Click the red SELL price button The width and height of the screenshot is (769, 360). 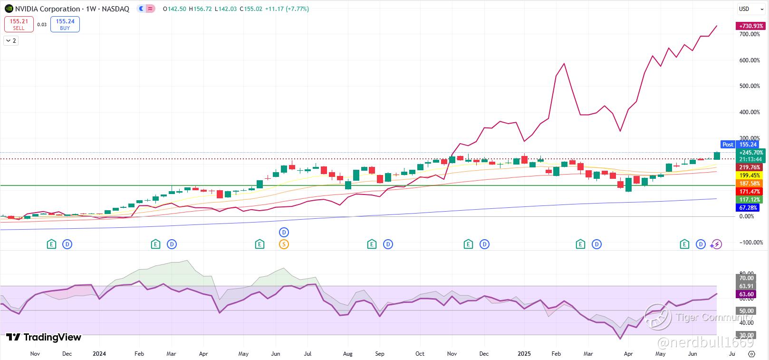19,24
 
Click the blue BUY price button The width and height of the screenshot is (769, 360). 65,24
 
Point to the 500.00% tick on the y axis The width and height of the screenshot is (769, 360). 750,86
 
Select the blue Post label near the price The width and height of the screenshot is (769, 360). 728,145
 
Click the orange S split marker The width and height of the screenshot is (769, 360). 284,244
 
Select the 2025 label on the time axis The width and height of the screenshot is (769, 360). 524,354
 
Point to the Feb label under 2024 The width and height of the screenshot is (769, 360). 139,354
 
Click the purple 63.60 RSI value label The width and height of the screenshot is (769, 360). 747,294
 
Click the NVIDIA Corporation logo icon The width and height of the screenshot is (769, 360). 9,9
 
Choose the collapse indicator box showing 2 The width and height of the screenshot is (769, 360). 11,41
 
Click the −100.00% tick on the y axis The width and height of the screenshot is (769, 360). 749,243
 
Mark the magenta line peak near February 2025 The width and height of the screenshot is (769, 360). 564,64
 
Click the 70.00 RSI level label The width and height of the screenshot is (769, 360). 747,278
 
